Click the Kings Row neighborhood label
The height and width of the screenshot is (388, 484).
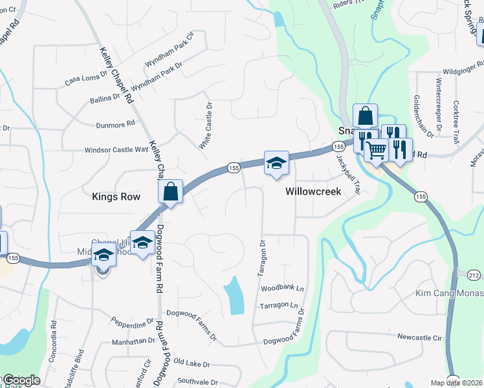pyautogui.click(x=116, y=197)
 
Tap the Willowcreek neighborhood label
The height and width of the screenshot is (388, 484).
pyautogui.click(x=314, y=192)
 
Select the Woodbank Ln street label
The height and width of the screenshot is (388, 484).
pyautogui.click(x=283, y=286)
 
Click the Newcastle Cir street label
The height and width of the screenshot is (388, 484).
pyautogui.click(x=419, y=338)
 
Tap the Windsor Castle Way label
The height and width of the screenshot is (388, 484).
pyautogui.click(x=116, y=150)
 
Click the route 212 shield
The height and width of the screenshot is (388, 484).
pyautogui.click(x=474, y=275)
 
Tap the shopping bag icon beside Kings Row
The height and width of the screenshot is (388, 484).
pyautogui.click(x=171, y=191)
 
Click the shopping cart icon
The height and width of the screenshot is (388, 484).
pyautogui.click(x=376, y=150)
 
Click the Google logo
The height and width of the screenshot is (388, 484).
pyautogui.click(x=21, y=380)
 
